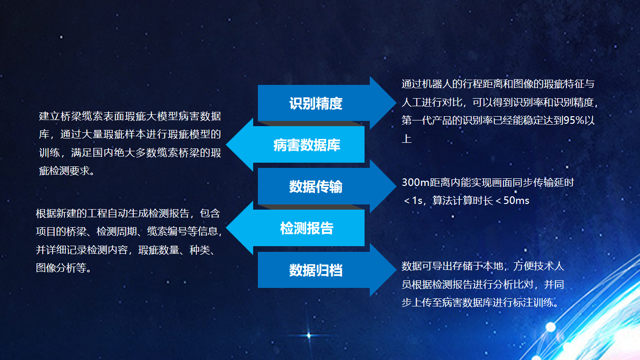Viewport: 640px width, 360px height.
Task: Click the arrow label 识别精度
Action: [316, 103]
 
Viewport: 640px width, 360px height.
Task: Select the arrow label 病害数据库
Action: [307, 145]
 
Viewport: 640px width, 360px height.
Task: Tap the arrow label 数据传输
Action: [316, 187]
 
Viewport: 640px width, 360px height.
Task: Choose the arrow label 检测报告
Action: [307, 228]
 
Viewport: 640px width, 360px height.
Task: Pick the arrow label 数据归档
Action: [316, 270]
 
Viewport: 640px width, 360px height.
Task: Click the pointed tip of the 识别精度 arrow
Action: [396, 103]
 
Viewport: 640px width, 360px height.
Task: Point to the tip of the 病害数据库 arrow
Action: [226, 145]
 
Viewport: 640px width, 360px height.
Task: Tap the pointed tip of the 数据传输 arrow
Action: [396, 186]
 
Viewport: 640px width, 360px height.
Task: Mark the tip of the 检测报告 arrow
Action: [226, 228]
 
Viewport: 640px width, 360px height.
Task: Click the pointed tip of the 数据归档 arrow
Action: [396, 269]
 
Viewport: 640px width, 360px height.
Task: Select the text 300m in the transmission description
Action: [416, 183]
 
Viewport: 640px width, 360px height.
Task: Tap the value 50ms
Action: [516, 201]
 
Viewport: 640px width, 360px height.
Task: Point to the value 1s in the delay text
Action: [417, 201]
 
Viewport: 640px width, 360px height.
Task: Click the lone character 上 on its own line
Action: [407, 138]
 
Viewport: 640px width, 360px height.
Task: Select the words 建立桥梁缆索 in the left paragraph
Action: [71, 116]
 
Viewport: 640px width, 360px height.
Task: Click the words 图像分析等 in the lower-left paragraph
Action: [61, 268]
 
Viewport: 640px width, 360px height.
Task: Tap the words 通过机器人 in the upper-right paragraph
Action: [427, 84]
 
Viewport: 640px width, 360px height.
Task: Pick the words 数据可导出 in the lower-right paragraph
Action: [427, 266]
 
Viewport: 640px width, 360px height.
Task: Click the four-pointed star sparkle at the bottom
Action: [309, 335]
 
